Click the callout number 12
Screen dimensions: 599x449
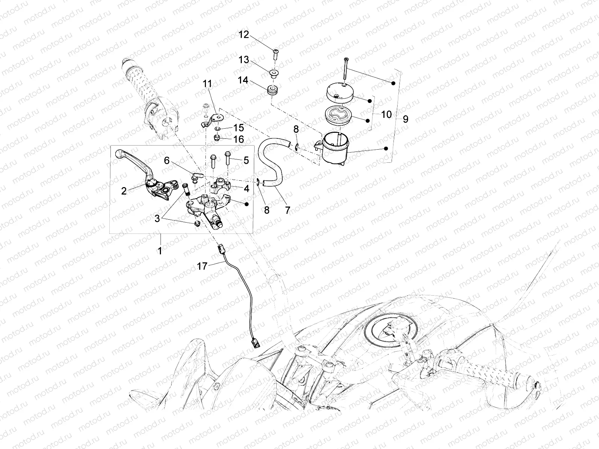244,35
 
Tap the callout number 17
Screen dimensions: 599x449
202,266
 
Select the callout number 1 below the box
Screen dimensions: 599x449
159,251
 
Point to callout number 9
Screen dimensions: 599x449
405,119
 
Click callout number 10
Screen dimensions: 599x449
386,114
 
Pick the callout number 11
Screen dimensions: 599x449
207,84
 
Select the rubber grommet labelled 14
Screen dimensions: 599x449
272,91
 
